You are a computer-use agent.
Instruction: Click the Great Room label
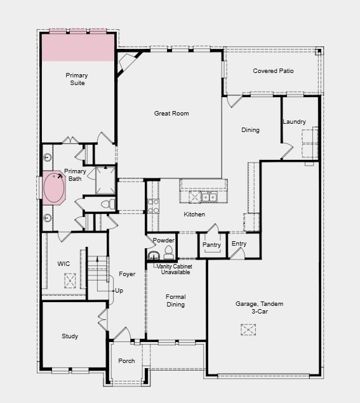(x=171, y=114)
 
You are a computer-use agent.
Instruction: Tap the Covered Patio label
(x=273, y=71)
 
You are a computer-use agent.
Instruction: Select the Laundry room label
(x=294, y=122)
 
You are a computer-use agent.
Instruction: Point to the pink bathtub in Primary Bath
(x=55, y=188)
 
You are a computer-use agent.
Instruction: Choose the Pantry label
(x=211, y=245)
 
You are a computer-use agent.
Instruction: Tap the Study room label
(x=70, y=336)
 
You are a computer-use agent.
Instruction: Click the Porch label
(x=126, y=361)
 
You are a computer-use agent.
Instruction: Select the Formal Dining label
(x=176, y=301)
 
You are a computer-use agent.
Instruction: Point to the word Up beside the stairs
(x=119, y=291)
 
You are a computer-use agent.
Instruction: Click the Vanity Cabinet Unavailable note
(x=175, y=269)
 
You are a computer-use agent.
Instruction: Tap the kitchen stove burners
(x=153, y=206)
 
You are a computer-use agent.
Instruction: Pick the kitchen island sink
(x=209, y=197)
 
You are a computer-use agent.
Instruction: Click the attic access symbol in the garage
(x=248, y=329)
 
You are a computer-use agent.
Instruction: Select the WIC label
(x=63, y=263)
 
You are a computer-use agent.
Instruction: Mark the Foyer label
(x=127, y=274)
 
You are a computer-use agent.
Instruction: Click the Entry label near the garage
(x=239, y=244)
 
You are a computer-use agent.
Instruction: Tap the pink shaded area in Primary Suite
(x=77, y=48)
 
